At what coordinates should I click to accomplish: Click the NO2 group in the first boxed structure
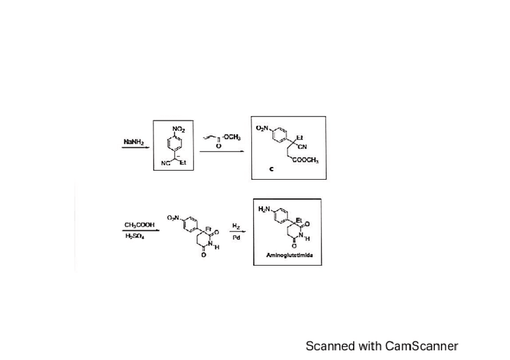coord(179,129)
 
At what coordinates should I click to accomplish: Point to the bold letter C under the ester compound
coord(271,169)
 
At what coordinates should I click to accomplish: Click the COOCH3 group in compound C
coord(306,161)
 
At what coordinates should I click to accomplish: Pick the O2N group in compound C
coord(263,127)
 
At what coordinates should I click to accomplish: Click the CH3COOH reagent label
coord(140,225)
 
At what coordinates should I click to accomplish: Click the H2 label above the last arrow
coord(236,226)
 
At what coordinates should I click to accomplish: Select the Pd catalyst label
coord(236,237)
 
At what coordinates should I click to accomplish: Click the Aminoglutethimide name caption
coord(287,255)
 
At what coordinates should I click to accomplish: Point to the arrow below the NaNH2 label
coord(135,148)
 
